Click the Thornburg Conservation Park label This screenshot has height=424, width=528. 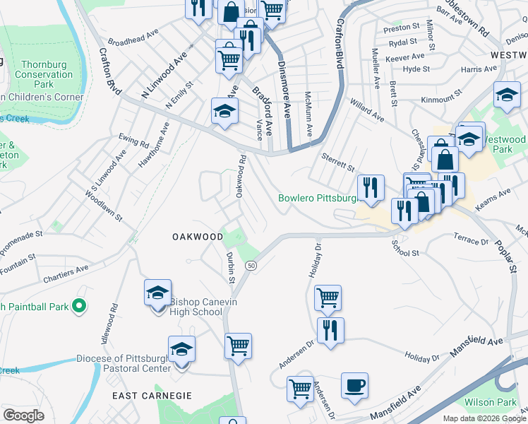tap(44, 74)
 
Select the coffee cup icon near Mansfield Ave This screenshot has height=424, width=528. tap(354, 386)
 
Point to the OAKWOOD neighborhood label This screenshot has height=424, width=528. tap(198, 237)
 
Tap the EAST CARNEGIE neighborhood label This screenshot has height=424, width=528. tap(152, 395)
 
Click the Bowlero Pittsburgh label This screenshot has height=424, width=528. tap(319, 198)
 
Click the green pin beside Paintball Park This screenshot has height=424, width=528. tap(79, 306)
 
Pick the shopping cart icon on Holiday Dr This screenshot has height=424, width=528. tap(328, 298)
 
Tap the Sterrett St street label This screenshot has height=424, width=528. tap(337, 162)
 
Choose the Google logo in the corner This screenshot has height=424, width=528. tap(23, 416)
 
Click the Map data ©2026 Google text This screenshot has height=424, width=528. tap(484, 418)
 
